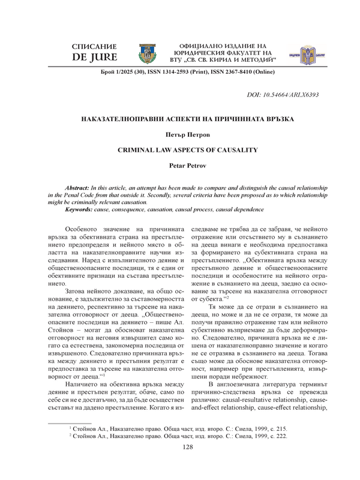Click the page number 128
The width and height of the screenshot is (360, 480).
180,464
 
